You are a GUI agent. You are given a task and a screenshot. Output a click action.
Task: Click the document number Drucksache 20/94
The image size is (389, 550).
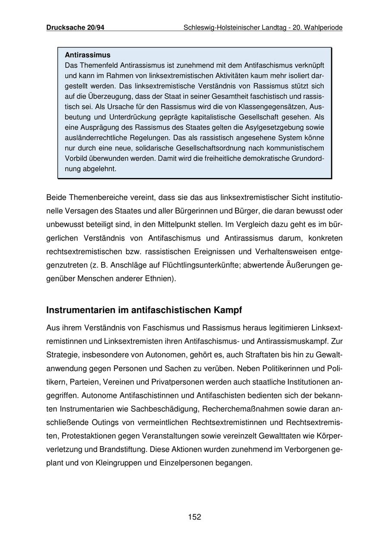pyautogui.click(x=75, y=28)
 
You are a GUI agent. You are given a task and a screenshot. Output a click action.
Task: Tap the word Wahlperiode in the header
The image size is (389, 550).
pyautogui.click(x=323, y=28)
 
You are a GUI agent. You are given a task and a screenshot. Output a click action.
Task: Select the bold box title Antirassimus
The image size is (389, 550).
pyautogui.click(x=87, y=55)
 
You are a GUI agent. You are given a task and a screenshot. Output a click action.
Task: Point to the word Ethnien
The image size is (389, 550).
pyautogui.click(x=160, y=278)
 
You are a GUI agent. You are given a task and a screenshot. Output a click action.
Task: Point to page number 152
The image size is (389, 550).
pyautogui.click(x=194, y=517)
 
